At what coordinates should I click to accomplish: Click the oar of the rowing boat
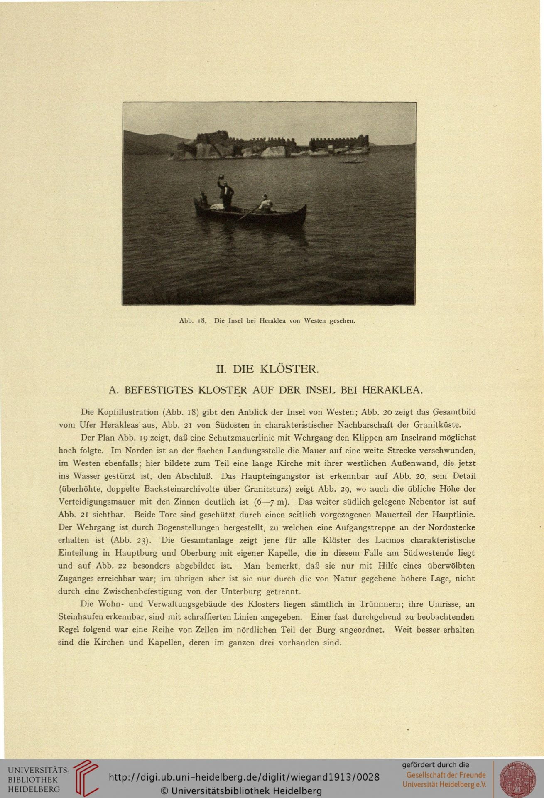[247, 214]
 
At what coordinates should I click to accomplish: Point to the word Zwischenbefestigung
[137, 591]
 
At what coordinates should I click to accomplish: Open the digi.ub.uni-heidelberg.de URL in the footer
[244, 777]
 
